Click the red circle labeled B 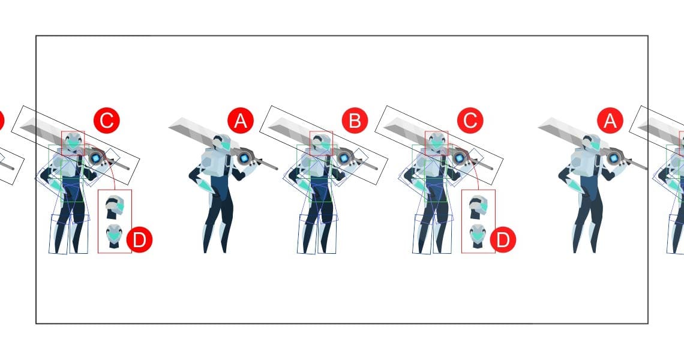[x=355, y=120]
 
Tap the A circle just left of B [x=241, y=120]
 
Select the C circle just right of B [x=470, y=120]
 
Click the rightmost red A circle [x=610, y=120]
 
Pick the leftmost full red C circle [x=106, y=120]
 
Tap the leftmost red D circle [x=139, y=239]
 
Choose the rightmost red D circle [x=503, y=239]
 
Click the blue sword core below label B [x=344, y=158]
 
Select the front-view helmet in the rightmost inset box [x=478, y=236]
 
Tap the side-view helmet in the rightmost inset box [x=479, y=208]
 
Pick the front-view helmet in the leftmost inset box [x=114, y=236]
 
